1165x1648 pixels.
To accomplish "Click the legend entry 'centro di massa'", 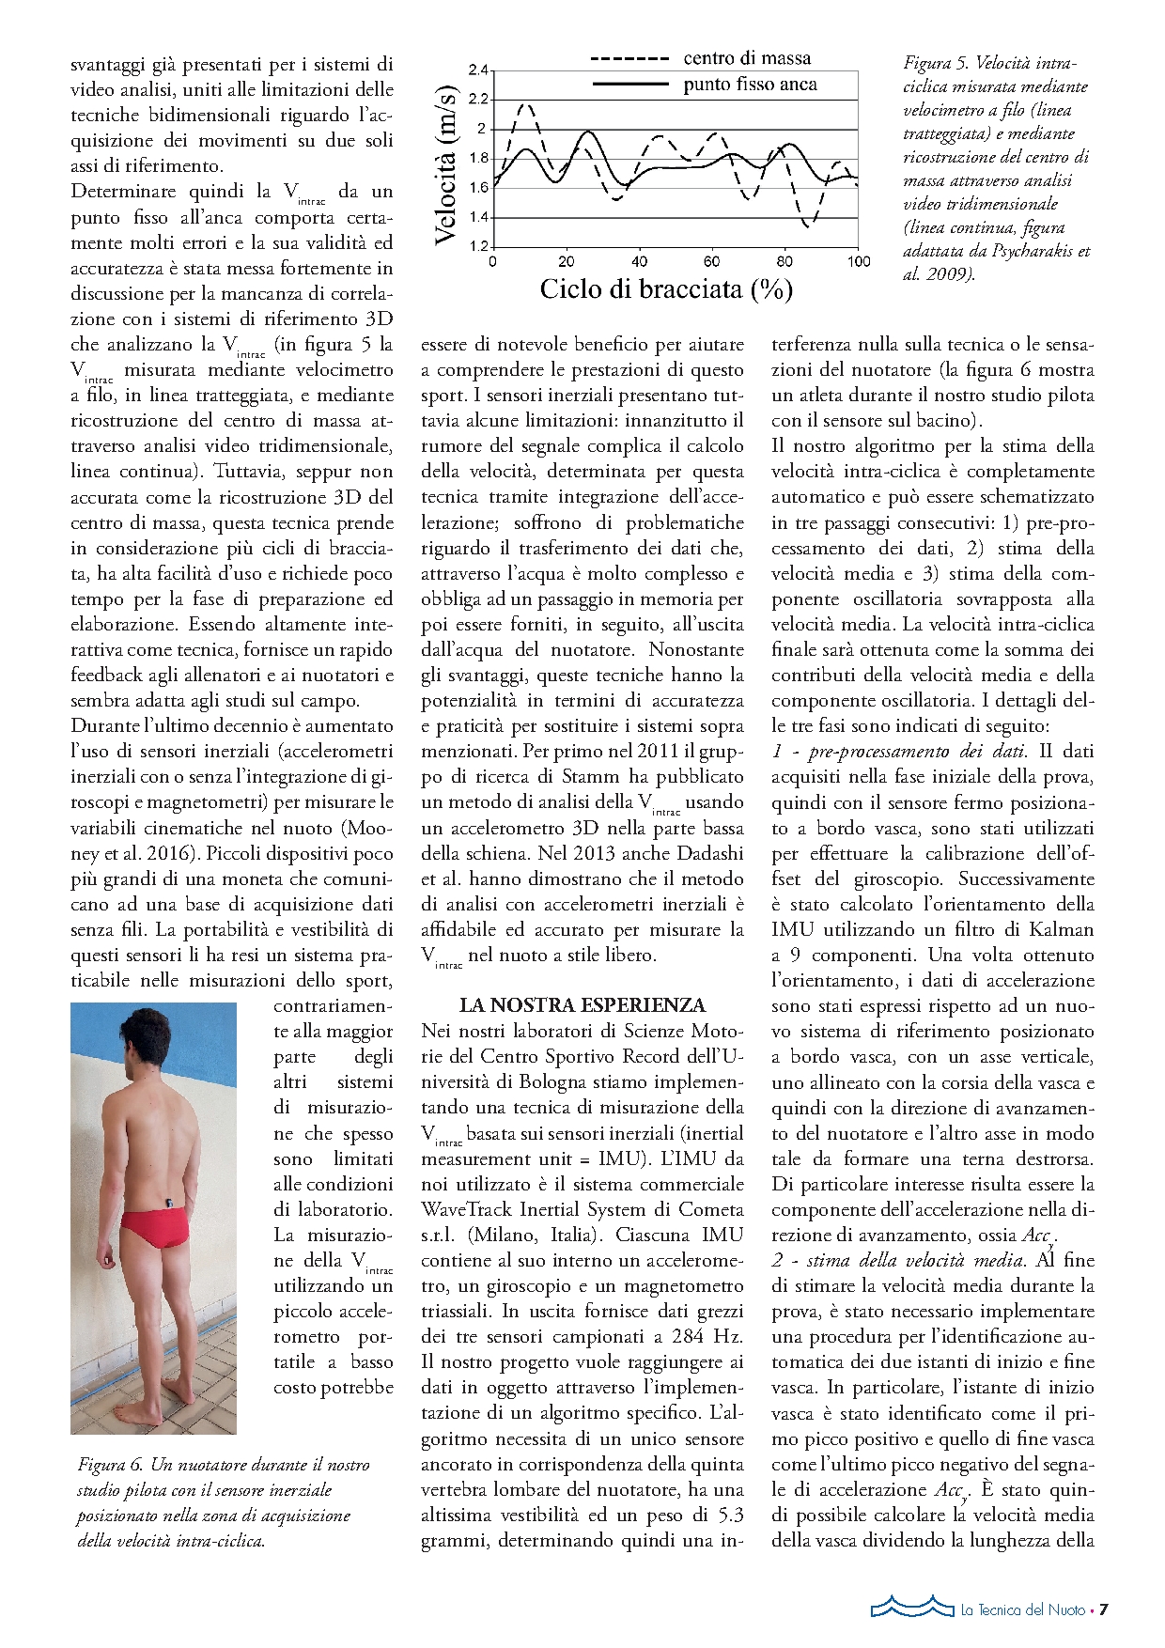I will coord(747,58).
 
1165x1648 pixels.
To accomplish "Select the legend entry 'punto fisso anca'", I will coord(750,85).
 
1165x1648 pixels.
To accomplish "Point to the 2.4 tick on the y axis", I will coord(478,70).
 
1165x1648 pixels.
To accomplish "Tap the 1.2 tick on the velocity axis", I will coord(478,246).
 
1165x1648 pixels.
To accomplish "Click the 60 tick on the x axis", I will coord(712,261).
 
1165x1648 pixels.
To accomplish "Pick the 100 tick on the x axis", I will coord(859,261).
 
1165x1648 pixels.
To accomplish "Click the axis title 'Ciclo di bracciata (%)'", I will coord(666,288).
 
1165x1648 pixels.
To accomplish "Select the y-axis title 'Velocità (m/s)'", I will coord(446,165).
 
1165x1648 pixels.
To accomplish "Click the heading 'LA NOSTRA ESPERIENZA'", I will coord(582,1005).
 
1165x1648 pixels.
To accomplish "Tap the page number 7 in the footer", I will coord(1104,1609).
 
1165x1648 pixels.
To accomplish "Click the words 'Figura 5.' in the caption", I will coord(936,64).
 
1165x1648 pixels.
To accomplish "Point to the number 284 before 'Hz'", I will coord(691,1336).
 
